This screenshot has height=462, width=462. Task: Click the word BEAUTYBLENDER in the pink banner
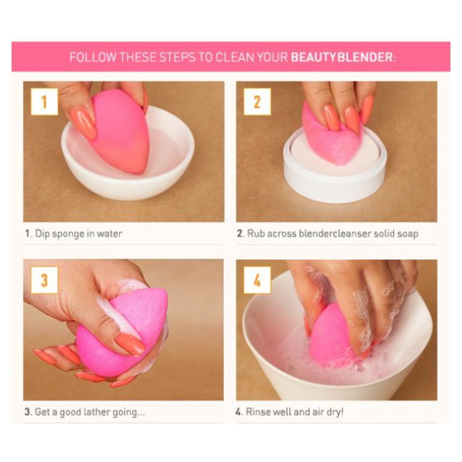[x=342, y=57]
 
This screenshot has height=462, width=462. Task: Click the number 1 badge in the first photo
[x=45, y=102]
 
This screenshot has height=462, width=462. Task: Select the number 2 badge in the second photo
[x=257, y=102]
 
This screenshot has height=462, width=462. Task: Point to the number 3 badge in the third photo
[x=45, y=280]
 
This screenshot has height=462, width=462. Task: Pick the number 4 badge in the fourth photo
[x=257, y=280]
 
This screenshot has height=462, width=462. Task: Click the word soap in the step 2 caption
[x=408, y=234]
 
